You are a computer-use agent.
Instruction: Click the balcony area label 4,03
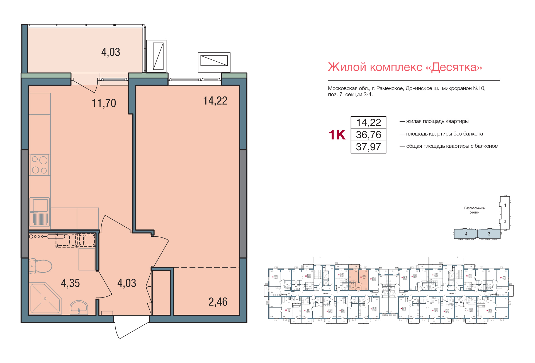coord(111,52)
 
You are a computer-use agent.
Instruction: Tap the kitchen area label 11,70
coord(104,103)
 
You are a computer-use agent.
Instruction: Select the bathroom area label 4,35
coord(70,283)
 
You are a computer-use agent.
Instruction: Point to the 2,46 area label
coord(218,302)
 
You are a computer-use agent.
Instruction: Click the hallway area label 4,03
coord(127,283)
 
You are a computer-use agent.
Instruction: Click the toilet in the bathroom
coord(41,266)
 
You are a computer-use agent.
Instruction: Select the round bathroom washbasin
coord(79,308)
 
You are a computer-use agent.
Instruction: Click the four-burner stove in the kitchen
coord(40,165)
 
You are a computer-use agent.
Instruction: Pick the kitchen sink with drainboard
coord(40,212)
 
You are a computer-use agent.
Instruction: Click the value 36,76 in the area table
coord(368,135)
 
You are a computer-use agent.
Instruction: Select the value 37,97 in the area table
coord(368,147)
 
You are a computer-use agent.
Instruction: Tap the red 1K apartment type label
coord(337,135)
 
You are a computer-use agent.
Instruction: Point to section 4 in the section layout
coord(466,234)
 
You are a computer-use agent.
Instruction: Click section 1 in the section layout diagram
coord(505,205)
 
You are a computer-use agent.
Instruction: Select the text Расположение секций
coord(474,210)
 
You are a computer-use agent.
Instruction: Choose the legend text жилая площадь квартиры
coord(437,121)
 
